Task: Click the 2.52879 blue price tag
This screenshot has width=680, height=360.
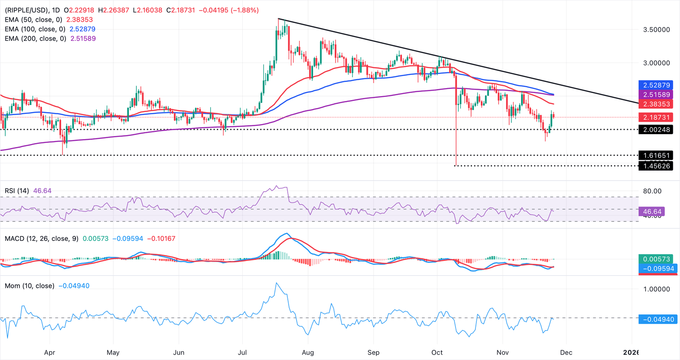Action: point(656,85)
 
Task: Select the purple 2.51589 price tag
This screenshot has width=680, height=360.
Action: point(656,94)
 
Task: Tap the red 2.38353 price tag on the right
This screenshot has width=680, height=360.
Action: point(656,104)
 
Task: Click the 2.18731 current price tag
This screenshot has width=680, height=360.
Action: point(656,117)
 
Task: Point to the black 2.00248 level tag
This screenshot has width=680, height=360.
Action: point(656,130)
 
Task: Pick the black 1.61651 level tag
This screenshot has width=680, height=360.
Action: point(656,155)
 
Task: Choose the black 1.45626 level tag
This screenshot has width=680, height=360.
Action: point(656,166)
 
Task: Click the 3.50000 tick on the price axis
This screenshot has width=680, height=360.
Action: point(656,30)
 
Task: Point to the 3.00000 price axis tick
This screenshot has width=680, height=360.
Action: point(656,63)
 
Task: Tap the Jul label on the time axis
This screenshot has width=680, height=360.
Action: point(242,352)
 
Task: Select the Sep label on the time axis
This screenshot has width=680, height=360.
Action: point(373,352)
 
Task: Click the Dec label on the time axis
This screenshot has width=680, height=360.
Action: point(566,352)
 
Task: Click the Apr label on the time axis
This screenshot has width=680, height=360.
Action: point(49,352)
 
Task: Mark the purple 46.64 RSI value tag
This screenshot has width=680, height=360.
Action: point(652,212)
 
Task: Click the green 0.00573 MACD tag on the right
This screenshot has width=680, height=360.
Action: point(656,259)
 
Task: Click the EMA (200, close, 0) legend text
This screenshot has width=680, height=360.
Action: point(35,39)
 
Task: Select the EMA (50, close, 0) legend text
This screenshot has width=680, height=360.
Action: point(34,19)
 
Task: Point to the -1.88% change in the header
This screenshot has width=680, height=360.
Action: point(244,10)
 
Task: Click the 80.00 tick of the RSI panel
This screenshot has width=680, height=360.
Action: point(652,191)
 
